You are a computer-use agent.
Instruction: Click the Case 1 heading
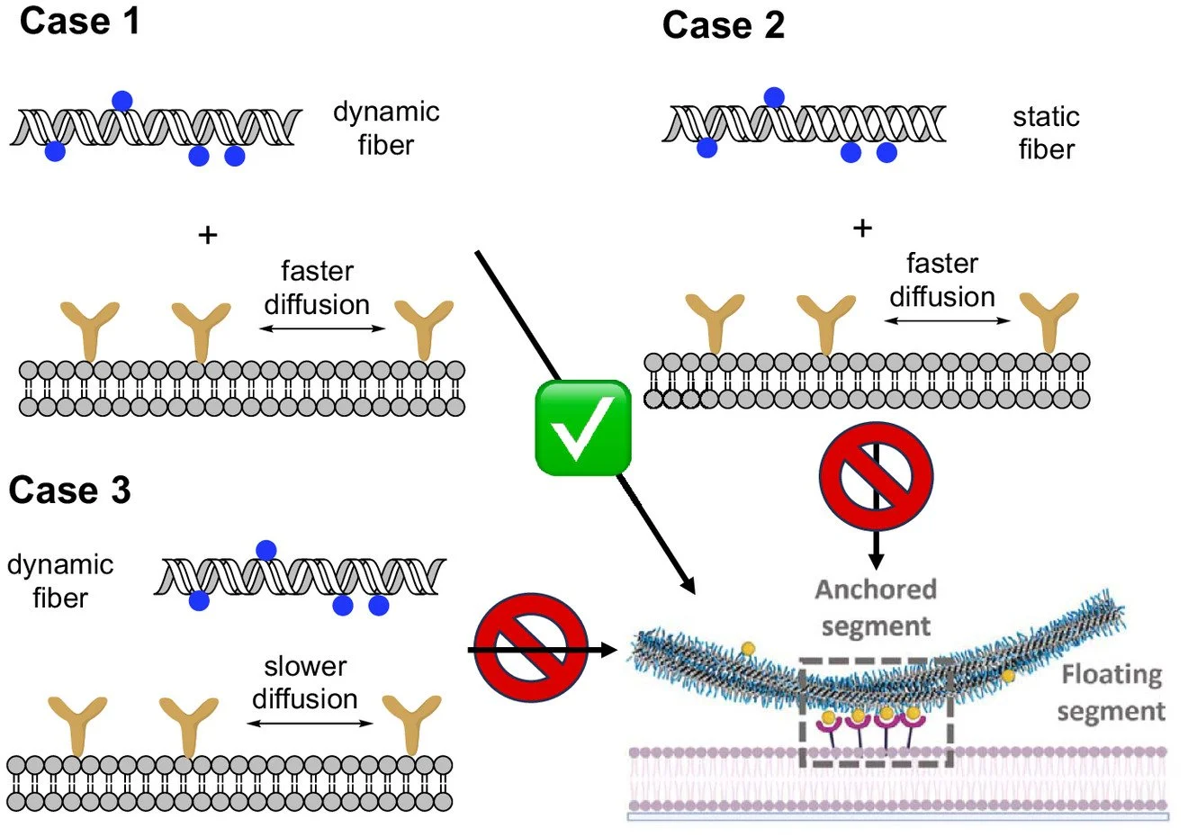79,22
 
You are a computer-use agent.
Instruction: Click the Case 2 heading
724,25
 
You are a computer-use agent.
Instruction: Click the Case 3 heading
69,490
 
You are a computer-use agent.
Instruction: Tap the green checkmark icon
583,427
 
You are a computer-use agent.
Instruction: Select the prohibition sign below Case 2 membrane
876,476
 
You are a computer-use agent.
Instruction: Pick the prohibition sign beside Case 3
531,647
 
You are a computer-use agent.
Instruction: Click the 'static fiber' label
1046,132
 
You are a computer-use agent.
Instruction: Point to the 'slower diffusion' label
305,682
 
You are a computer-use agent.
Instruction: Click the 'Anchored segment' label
876,607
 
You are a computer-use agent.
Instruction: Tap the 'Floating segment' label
1111,692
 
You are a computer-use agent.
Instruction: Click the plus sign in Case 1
208,235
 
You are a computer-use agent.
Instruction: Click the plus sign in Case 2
862,229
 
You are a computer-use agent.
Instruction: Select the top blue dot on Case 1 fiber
122,101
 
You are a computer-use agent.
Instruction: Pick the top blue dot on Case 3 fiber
265,551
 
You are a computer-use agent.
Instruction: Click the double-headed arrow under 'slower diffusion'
310,723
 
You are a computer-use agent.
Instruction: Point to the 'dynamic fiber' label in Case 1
386,129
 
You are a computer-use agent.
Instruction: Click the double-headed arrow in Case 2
947,320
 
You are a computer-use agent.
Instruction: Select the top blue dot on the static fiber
774,97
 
